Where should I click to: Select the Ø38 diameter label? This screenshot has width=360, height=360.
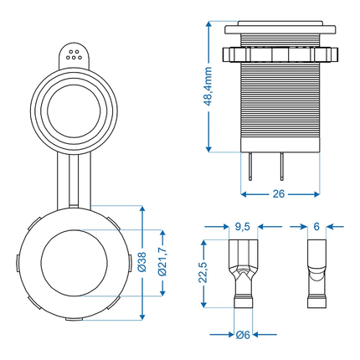(x=141, y=263)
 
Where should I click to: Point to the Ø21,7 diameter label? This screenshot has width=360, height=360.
(x=165, y=263)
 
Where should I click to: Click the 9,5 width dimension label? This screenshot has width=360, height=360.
(x=242, y=225)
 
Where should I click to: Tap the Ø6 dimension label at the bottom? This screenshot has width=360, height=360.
(x=243, y=335)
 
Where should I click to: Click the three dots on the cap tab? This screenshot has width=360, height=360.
(x=74, y=54)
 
